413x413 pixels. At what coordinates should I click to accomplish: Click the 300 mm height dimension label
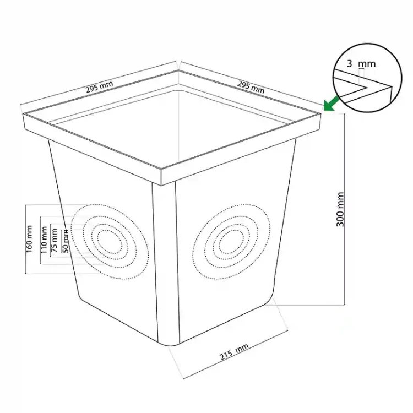340,209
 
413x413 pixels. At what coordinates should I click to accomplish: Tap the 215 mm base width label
234,352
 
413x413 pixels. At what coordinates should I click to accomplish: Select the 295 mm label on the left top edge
99,86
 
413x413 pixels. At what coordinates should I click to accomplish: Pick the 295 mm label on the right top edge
251,87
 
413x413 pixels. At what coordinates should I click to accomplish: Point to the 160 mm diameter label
29,239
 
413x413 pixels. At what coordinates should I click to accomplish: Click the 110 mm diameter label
44,240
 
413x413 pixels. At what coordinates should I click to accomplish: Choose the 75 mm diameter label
54,240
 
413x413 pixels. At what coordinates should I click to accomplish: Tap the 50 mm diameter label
66,241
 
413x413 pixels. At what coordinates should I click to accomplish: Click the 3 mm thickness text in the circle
361,64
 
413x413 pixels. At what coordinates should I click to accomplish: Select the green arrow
332,104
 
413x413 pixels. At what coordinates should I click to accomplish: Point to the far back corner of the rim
178,70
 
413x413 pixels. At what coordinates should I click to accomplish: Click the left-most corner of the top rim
24,114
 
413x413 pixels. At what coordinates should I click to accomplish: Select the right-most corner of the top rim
321,113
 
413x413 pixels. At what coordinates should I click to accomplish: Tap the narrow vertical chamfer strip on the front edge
166,263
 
